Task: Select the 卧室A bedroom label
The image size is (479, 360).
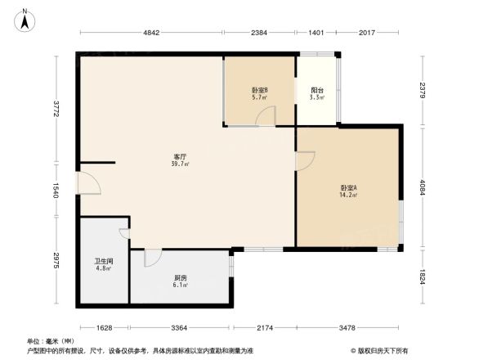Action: (348, 187)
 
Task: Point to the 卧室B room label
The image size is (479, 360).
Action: (260, 89)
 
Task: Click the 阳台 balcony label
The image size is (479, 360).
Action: (316, 90)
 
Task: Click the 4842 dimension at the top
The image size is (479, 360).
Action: (154, 33)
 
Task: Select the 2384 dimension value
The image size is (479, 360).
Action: (259, 33)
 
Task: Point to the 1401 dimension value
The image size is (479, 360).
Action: (316, 33)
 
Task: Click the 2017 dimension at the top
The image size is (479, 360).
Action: (367, 33)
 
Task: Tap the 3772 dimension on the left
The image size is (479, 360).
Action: (56, 109)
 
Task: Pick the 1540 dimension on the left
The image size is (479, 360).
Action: (56, 191)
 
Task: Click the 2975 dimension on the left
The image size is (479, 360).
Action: (56, 260)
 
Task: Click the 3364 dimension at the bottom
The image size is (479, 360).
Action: (180, 328)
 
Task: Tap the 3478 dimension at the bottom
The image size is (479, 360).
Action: (347, 328)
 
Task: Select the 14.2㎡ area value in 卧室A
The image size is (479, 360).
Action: (348, 196)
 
